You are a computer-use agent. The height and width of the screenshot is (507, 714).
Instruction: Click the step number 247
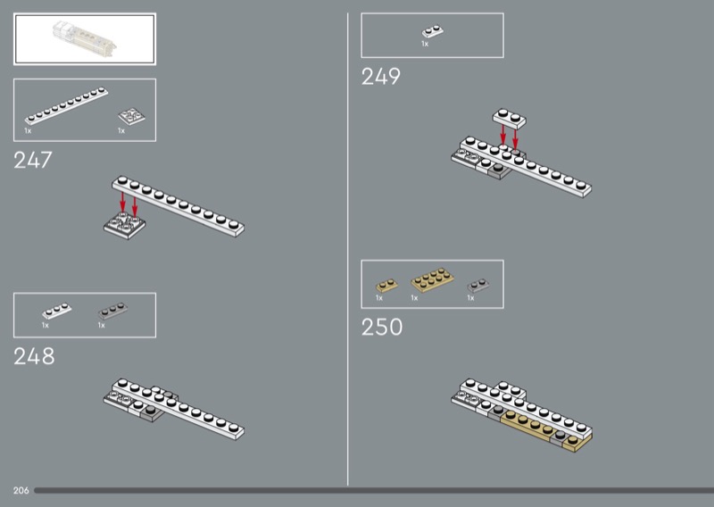point(33,161)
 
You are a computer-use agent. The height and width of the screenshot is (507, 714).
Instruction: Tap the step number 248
point(34,356)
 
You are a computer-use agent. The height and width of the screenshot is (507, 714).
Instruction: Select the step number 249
point(381,77)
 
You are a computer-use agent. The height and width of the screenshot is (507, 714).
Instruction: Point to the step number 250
point(382,327)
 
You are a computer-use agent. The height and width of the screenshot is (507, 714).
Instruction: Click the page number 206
point(21,491)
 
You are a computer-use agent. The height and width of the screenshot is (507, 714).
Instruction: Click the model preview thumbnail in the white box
point(85,37)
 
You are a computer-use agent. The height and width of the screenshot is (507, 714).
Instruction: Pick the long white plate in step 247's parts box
point(66,105)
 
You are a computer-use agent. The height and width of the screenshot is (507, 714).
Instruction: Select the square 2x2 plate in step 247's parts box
point(131,116)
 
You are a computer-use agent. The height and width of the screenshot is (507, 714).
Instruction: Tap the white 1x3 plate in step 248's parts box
point(57,312)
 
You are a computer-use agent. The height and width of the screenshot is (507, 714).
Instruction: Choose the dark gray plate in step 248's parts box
point(113,312)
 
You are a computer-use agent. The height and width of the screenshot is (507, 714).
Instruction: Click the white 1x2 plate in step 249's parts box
point(433,31)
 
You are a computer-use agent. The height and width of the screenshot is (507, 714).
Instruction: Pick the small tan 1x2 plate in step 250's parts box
point(386,286)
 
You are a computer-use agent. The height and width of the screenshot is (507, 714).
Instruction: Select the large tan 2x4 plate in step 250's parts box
point(432,279)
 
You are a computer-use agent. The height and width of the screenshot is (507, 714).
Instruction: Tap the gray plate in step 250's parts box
point(478,286)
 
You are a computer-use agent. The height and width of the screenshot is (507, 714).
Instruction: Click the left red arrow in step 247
point(122,203)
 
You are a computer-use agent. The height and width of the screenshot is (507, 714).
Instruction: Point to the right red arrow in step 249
point(515,139)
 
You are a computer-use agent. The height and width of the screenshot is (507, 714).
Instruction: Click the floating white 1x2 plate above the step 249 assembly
point(510,118)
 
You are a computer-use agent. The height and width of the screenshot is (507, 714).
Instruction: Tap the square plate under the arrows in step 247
point(124,226)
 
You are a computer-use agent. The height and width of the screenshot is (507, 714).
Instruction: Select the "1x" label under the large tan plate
point(414,298)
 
